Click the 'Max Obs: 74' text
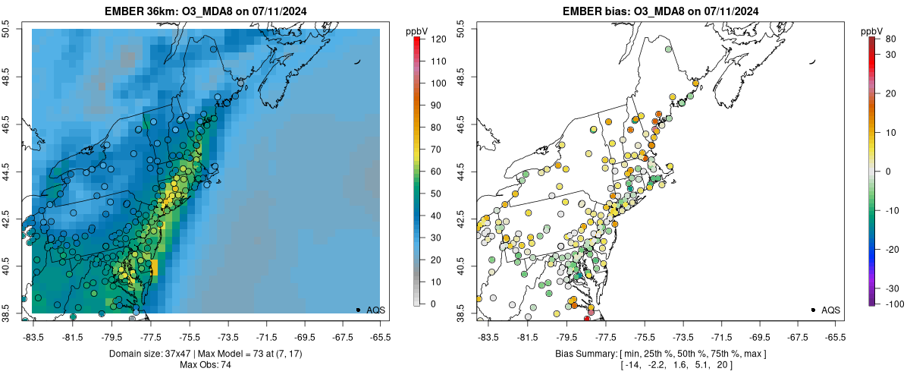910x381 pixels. click(x=206, y=365)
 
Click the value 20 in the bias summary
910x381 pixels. click(x=724, y=365)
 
